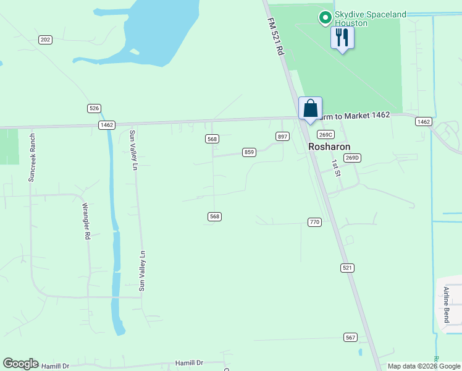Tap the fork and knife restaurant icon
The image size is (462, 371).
(x=342, y=38)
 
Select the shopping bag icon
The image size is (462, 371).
(x=310, y=108)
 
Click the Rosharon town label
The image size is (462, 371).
(x=329, y=147)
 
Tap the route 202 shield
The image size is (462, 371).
(x=44, y=40)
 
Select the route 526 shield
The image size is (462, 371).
(x=94, y=108)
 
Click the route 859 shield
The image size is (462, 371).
(x=249, y=152)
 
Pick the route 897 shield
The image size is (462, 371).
(x=282, y=136)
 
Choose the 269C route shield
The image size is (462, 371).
(x=325, y=134)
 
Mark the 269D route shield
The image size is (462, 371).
(x=351, y=158)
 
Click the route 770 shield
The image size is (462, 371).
(x=314, y=222)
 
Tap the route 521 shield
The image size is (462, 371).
(x=347, y=267)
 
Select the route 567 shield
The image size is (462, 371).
(x=350, y=337)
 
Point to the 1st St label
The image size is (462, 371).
(x=336, y=168)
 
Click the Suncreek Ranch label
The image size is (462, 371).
(x=32, y=158)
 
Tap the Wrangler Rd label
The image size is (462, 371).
(x=87, y=219)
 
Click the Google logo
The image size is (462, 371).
(x=20, y=364)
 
